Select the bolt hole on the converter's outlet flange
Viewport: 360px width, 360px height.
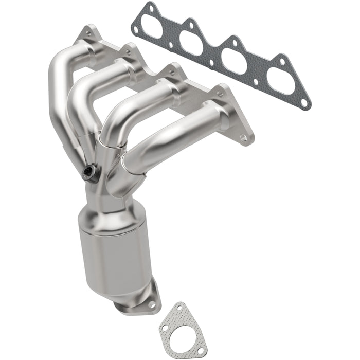point(151,303)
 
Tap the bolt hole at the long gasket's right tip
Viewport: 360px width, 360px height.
point(304,102)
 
